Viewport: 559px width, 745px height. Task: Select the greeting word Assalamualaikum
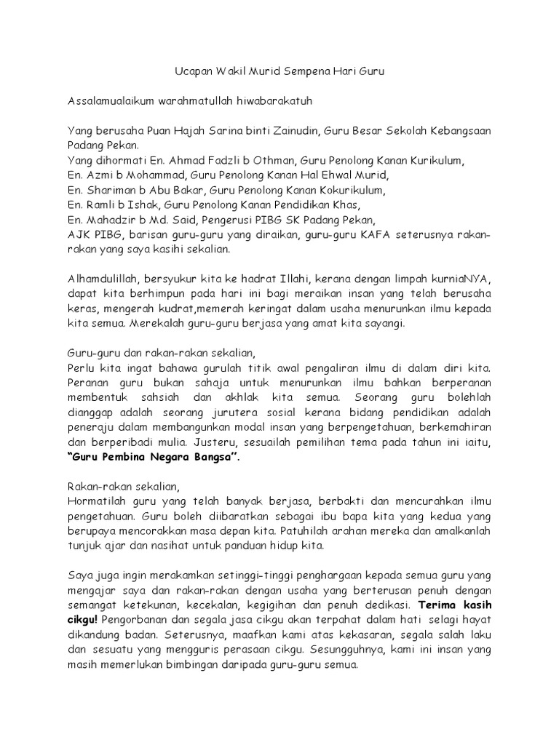[x=111, y=101]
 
